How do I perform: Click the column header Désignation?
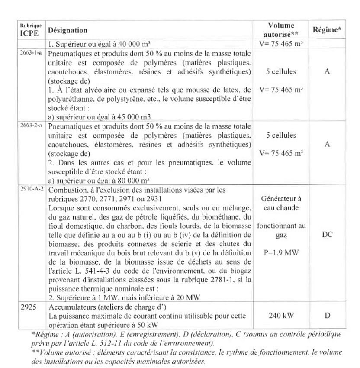tap(68, 31)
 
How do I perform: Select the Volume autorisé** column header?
tap(281, 30)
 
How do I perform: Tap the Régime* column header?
tap(327, 30)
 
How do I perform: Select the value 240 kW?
tap(281, 315)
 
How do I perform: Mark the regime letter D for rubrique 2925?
tap(327, 315)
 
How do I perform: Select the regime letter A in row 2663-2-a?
tap(327, 144)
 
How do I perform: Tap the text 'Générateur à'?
tap(281, 199)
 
